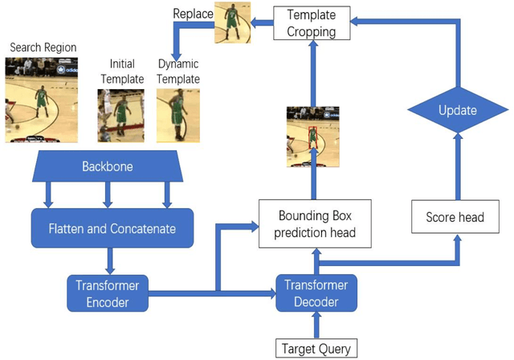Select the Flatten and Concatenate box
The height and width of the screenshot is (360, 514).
point(113,229)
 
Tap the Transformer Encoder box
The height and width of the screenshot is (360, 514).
point(108,294)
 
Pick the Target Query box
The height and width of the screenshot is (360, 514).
point(315,349)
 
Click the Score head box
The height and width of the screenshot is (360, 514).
point(455,217)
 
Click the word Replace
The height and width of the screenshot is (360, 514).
point(193,14)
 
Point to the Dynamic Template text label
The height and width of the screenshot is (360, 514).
point(179,72)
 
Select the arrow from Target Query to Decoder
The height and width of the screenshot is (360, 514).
point(315,326)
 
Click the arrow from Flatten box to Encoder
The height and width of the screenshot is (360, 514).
point(109,261)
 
